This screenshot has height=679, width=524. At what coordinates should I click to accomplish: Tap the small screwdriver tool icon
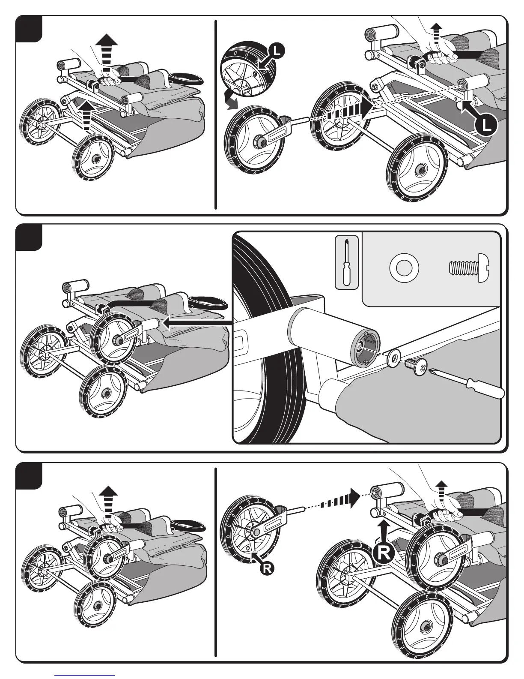point(346,262)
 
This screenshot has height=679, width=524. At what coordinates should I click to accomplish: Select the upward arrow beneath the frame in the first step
point(87,114)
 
